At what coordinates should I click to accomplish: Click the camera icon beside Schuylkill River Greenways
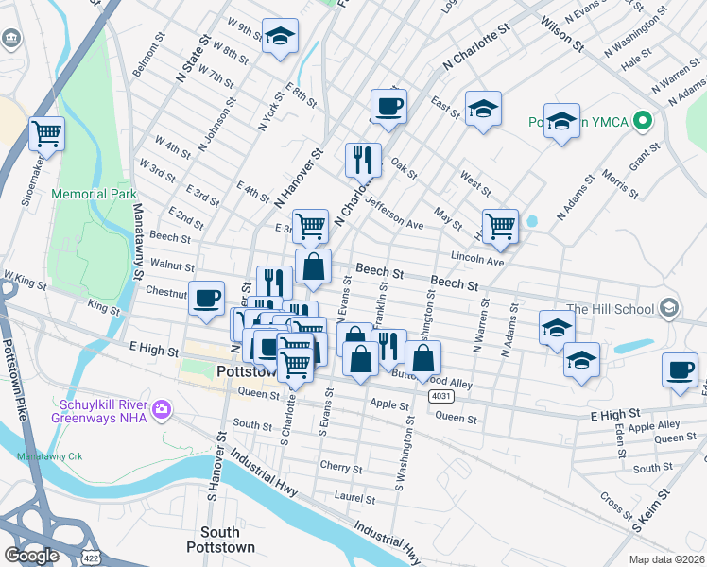(163, 408)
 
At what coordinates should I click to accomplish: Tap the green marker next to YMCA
(643, 121)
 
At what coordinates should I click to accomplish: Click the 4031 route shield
(439, 394)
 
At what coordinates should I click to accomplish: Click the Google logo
(31, 556)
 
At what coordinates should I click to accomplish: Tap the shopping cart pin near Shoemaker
(46, 133)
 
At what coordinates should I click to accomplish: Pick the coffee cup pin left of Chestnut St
(207, 298)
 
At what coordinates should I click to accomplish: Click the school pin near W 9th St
(280, 36)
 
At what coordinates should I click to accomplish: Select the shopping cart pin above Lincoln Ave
(500, 225)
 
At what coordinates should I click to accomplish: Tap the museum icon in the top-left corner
(13, 39)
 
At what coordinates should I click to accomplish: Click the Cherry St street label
(341, 468)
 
